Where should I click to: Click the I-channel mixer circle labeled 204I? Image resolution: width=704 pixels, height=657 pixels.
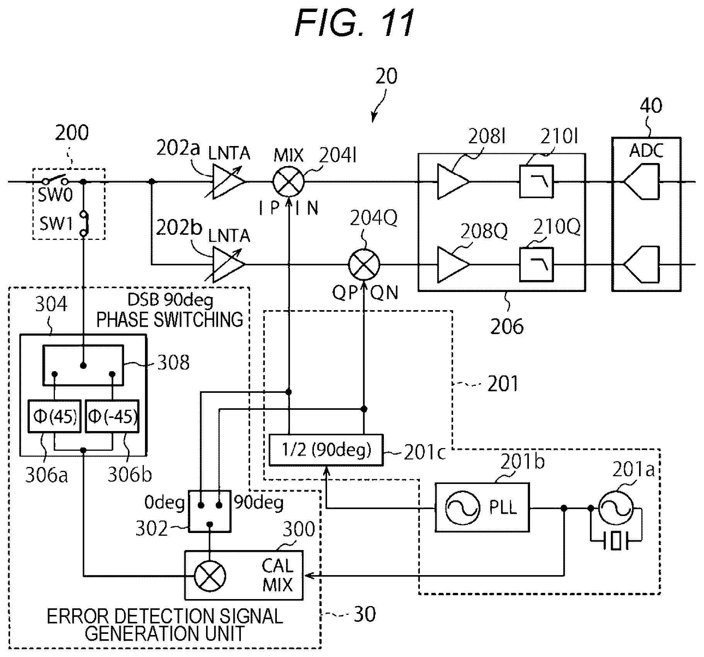point(288,181)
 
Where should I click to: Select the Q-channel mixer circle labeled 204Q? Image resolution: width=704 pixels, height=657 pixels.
point(364,265)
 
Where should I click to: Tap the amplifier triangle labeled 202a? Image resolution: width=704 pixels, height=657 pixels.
point(228,181)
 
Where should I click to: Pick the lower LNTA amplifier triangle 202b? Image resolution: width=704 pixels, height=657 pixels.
point(228,265)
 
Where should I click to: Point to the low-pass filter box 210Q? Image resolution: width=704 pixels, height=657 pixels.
point(536,265)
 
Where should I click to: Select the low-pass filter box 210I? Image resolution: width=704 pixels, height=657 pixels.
point(536,182)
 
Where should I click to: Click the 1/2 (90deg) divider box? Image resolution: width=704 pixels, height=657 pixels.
point(326,450)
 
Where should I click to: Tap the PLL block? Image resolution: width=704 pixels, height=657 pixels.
point(482,507)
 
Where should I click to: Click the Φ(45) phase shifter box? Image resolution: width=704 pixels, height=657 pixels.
point(55,416)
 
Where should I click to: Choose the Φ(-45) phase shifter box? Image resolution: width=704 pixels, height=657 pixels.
point(112,416)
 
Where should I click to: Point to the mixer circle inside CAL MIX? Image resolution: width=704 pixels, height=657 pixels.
point(210,576)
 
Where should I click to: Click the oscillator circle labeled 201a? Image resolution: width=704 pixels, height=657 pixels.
point(616,508)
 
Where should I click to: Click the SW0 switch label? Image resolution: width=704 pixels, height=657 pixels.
point(55,195)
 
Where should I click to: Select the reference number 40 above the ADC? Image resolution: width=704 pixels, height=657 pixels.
point(651,105)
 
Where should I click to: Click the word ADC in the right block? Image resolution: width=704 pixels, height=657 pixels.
point(646,150)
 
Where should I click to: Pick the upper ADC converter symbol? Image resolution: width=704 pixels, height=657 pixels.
point(641,182)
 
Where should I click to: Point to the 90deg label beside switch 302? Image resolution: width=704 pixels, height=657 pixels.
point(259,502)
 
